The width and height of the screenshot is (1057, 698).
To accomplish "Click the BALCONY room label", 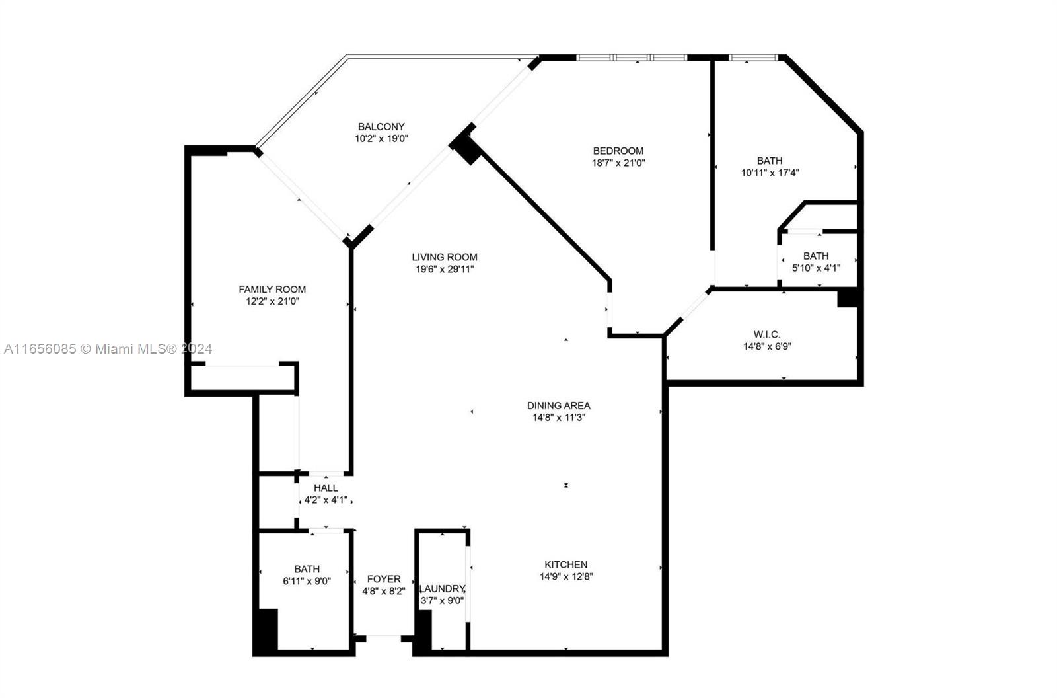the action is click(x=381, y=126).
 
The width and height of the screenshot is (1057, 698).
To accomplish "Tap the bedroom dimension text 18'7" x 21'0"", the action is click(x=618, y=163).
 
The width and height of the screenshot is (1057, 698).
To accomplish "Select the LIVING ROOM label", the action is click(x=445, y=257).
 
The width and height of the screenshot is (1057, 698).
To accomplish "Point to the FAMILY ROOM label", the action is click(x=272, y=290).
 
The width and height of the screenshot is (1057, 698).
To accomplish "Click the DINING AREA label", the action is click(x=559, y=406).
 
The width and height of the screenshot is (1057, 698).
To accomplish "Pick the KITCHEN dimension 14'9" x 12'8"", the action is click(x=566, y=576).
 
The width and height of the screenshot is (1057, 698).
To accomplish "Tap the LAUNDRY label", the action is click(x=443, y=589).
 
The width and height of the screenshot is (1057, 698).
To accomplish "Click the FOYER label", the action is click(x=384, y=579).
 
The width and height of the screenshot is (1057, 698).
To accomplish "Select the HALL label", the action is click(x=326, y=488).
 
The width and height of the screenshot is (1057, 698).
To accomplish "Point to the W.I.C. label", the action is click(x=767, y=335).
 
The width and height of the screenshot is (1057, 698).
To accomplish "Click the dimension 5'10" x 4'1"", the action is click(x=816, y=268).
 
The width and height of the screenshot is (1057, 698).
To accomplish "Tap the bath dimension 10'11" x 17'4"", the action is click(x=770, y=173).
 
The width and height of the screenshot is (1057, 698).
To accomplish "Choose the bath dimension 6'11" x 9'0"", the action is click(x=307, y=582).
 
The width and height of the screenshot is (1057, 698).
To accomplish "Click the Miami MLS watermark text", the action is click(x=108, y=349).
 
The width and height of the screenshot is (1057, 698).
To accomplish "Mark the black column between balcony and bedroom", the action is click(x=466, y=147).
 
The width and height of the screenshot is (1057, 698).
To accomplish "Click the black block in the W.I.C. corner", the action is click(x=848, y=299).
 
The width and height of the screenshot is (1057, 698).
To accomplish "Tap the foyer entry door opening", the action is click(x=384, y=639).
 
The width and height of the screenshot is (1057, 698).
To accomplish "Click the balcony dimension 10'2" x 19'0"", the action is click(x=381, y=139).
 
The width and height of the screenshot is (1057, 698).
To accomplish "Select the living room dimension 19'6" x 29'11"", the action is click(x=445, y=270).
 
